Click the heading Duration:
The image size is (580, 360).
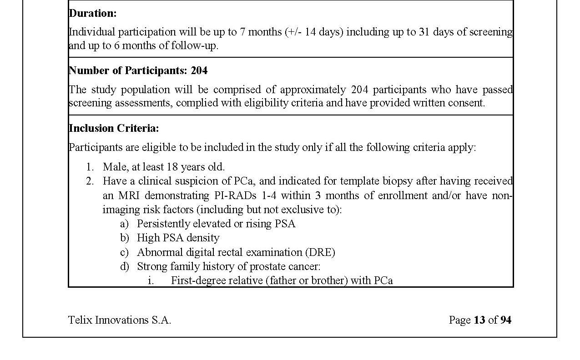pyautogui.click(x=92, y=13)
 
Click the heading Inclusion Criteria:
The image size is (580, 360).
pyautogui.click(x=114, y=128)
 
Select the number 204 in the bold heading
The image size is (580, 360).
pyautogui.click(x=199, y=70)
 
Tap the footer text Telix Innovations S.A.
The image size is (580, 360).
pyautogui.click(x=119, y=320)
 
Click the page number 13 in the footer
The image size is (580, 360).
pyautogui.click(x=479, y=320)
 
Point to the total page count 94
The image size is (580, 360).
pyautogui.click(x=506, y=320)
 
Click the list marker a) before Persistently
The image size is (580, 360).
pyautogui.click(x=124, y=224)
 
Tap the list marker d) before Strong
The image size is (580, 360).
pyautogui.click(x=124, y=266)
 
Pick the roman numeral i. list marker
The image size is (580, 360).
pyautogui.click(x=151, y=280)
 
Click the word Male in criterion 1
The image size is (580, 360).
pyautogui.click(x=114, y=167)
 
